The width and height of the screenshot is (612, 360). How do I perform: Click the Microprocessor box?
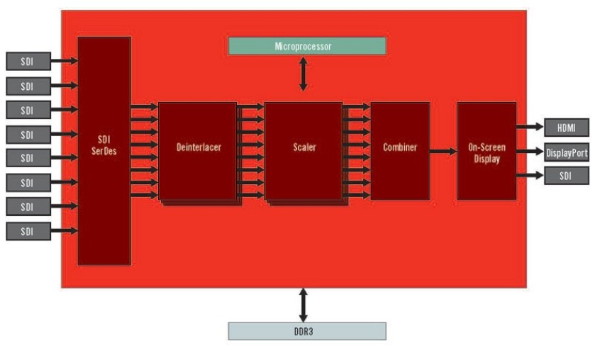pos(306,46)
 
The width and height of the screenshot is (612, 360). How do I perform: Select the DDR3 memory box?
pos(306,331)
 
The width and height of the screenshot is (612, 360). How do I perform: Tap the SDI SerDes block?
pos(104,151)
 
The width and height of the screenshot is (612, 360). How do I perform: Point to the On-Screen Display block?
pos(486,151)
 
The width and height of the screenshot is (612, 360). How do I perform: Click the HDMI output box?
pos(566,128)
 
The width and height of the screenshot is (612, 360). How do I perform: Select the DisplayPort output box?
pos(566,152)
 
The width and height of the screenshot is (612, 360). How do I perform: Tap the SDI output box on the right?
pos(566,176)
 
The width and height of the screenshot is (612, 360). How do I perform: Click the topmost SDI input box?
pos(28,61)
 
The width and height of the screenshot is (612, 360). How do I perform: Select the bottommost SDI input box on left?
pos(28,231)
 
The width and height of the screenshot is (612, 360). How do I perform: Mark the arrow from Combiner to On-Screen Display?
pos(443,151)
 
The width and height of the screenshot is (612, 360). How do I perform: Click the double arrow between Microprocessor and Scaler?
pos(304,74)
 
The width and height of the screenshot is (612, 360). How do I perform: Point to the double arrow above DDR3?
pos(304,305)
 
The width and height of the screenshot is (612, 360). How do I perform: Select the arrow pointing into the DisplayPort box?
pos(529,152)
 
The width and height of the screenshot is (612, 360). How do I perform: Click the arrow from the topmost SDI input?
pos(65,61)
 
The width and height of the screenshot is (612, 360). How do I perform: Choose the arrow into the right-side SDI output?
pos(529,176)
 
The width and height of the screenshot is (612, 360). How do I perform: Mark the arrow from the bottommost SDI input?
pos(65,231)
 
